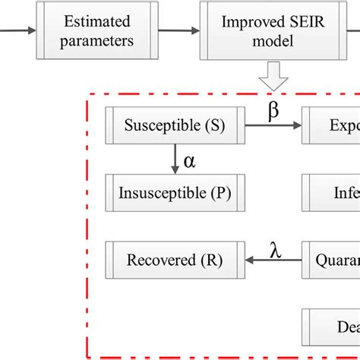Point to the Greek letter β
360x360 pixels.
click(274, 110)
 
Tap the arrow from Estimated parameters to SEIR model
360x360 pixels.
click(179, 31)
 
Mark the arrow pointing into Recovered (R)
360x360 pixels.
click(273, 261)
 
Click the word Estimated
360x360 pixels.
click(97, 21)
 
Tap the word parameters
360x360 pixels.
click(97, 41)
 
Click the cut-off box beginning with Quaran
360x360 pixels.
click(332, 260)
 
